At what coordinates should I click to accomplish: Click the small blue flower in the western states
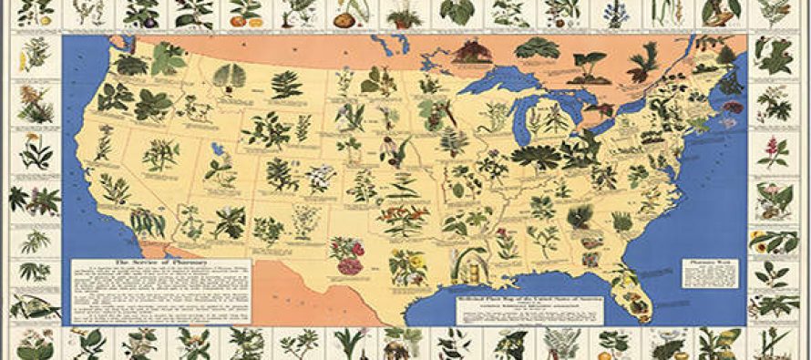(x=218, y=148)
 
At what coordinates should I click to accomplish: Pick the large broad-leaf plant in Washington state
(x=168, y=60)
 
